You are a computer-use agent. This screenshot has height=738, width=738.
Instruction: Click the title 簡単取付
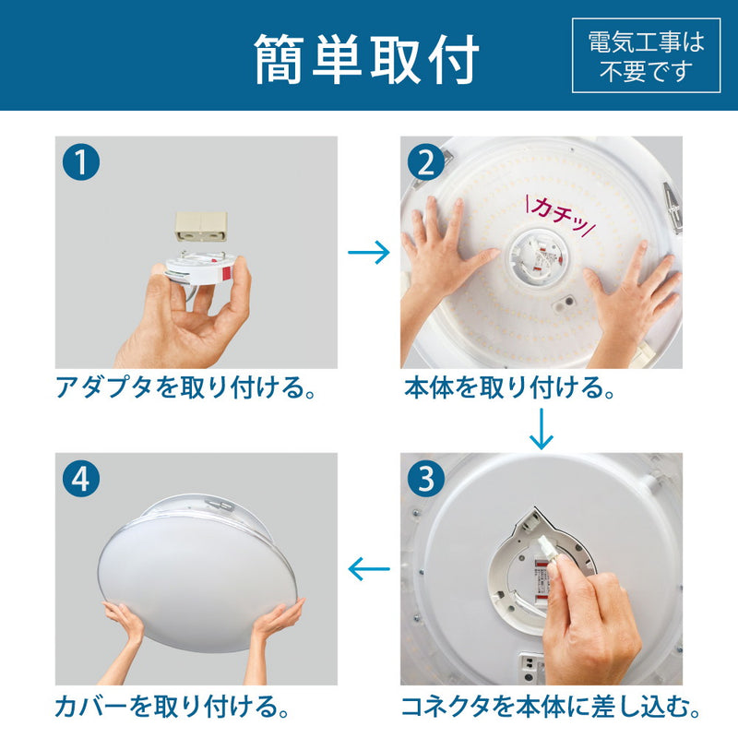tap(367, 59)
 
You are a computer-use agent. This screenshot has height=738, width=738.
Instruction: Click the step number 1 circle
tap(81, 162)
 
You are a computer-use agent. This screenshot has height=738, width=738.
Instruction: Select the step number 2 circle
tap(425, 162)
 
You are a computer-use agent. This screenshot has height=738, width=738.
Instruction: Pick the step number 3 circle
tap(425, 479)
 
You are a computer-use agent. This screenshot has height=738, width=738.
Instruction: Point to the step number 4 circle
tap(81, 479)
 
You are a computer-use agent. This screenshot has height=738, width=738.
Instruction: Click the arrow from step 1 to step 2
tap(369, 254)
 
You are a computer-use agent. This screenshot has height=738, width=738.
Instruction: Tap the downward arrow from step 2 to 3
tap(542, 428)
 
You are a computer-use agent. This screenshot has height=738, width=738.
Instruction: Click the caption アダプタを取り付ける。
tap(185, 388)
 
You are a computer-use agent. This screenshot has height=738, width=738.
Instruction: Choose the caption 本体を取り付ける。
tap(510, 388)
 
